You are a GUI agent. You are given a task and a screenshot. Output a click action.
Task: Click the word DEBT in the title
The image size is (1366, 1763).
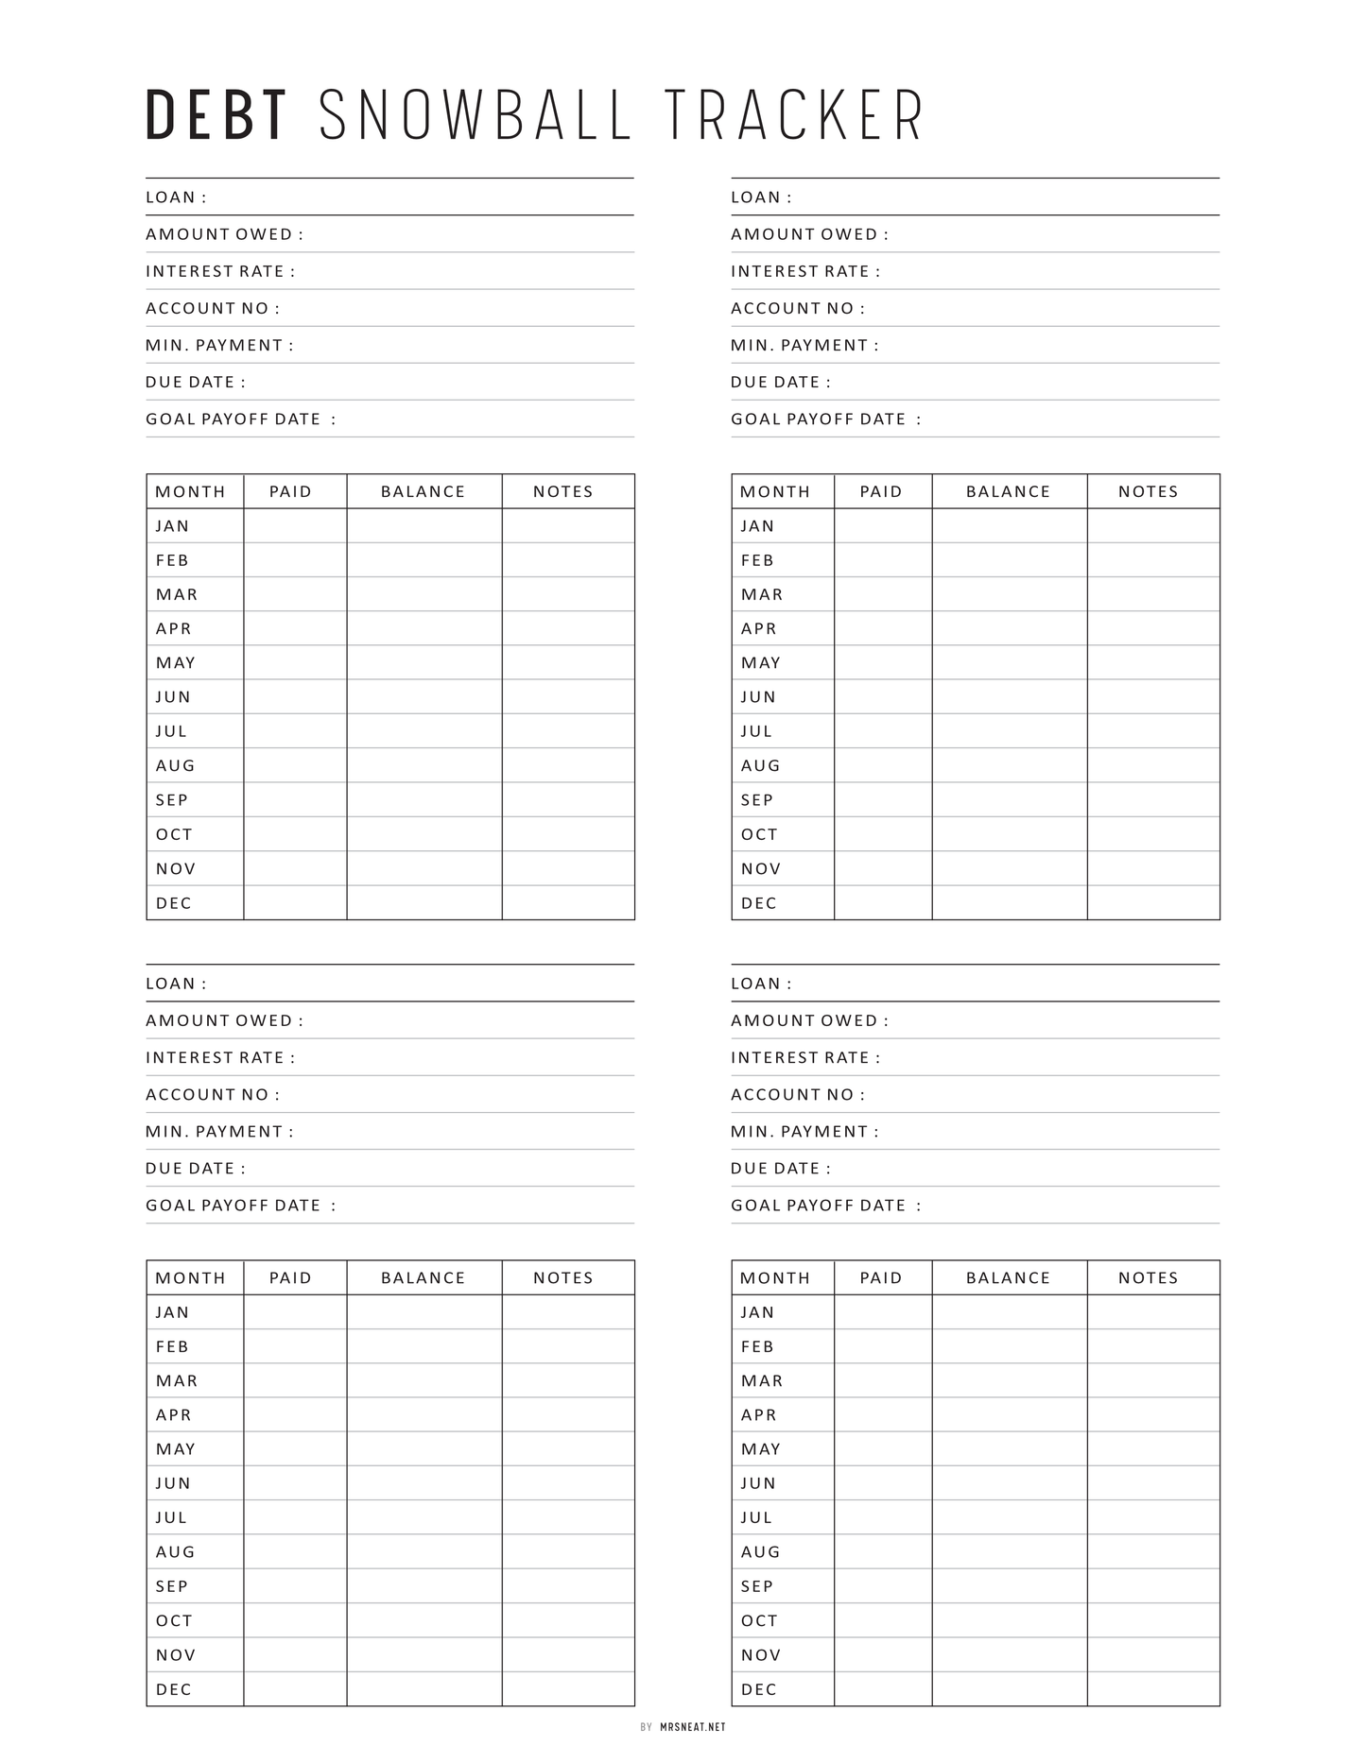(x=216, y=116)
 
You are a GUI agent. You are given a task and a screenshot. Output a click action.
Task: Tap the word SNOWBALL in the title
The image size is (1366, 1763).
(x=476, y=116)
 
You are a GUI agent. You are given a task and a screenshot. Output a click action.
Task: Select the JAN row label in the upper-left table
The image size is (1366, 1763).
(x=173, y=526)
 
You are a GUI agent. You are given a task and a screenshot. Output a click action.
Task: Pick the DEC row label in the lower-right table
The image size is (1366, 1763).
(x=759, y=1689)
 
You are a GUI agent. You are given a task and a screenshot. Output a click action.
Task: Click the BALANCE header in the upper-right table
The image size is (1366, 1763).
(x=1009, y=491)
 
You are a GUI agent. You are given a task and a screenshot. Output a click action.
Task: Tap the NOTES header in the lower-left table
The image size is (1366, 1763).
(x=563, y=1277)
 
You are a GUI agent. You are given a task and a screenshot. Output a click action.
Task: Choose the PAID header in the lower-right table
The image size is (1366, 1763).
(x=882, y=1277)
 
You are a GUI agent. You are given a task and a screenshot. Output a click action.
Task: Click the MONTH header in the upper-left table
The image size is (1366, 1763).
(x=191, y=491)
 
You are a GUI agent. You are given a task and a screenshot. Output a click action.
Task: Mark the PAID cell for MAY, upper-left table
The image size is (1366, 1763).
(x=295, y=662)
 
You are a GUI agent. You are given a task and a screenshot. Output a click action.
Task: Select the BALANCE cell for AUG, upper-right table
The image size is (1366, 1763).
(x=1009, y=765)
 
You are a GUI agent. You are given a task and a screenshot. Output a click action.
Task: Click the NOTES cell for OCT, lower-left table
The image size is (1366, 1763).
(x=567, y=1620)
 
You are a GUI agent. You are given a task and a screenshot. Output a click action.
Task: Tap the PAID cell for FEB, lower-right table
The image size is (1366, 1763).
(x=882, y=1346)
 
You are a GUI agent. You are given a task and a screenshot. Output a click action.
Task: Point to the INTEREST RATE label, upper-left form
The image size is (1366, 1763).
(x=220, y=271)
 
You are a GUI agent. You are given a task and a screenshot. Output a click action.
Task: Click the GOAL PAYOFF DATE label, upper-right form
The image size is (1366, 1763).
(x=825, y=419)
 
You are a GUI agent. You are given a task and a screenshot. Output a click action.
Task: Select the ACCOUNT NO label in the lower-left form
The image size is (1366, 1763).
(x=213, y=1094)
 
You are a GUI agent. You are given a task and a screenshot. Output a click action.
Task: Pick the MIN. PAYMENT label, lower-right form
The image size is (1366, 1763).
(x=804, y=1131)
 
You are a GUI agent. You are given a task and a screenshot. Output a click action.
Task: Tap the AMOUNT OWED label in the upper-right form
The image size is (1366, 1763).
(x=809, y=234)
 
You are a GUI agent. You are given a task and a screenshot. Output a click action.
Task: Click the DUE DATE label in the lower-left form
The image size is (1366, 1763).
(x=196, y=1168)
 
